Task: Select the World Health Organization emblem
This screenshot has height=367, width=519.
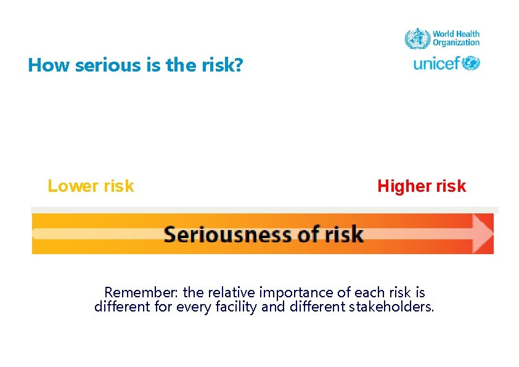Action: pos(417,38)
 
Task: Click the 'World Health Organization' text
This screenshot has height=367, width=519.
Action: pos(456,38)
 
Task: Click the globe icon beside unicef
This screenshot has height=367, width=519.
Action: pos(471,63)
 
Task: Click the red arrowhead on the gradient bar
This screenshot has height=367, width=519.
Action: pos(483,233)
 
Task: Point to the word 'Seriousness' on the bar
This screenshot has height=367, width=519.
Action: pos(222,234)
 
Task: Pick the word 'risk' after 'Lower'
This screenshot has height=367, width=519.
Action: pos(116,186)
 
